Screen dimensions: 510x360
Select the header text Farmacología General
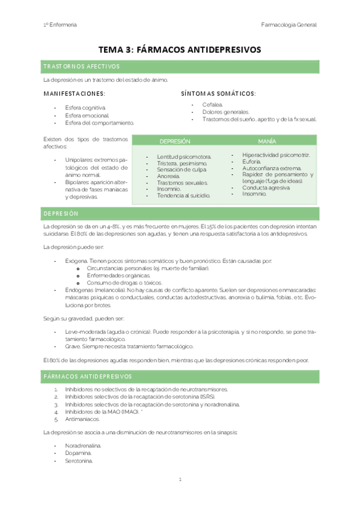[x=289, y=25]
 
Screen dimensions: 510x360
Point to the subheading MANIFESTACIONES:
[x=74, y=93]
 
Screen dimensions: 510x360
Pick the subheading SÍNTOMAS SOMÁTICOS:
[x=218, y=93]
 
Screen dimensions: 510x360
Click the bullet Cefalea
[x=212, y=105]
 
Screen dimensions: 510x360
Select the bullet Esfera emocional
[x=87, y=115]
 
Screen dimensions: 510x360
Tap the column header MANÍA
[x=267, y=141]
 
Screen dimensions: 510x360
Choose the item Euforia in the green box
[x=252, y=162]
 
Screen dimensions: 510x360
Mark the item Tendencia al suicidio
[x=183, y=196]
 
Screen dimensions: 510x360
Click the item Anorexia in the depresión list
[x=168, y=176]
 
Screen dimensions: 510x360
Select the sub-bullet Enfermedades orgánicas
[x=118, y=275]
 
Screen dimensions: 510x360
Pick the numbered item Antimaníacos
[x=82, y=419]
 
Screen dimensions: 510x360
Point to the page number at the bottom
[x=180, y=479]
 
